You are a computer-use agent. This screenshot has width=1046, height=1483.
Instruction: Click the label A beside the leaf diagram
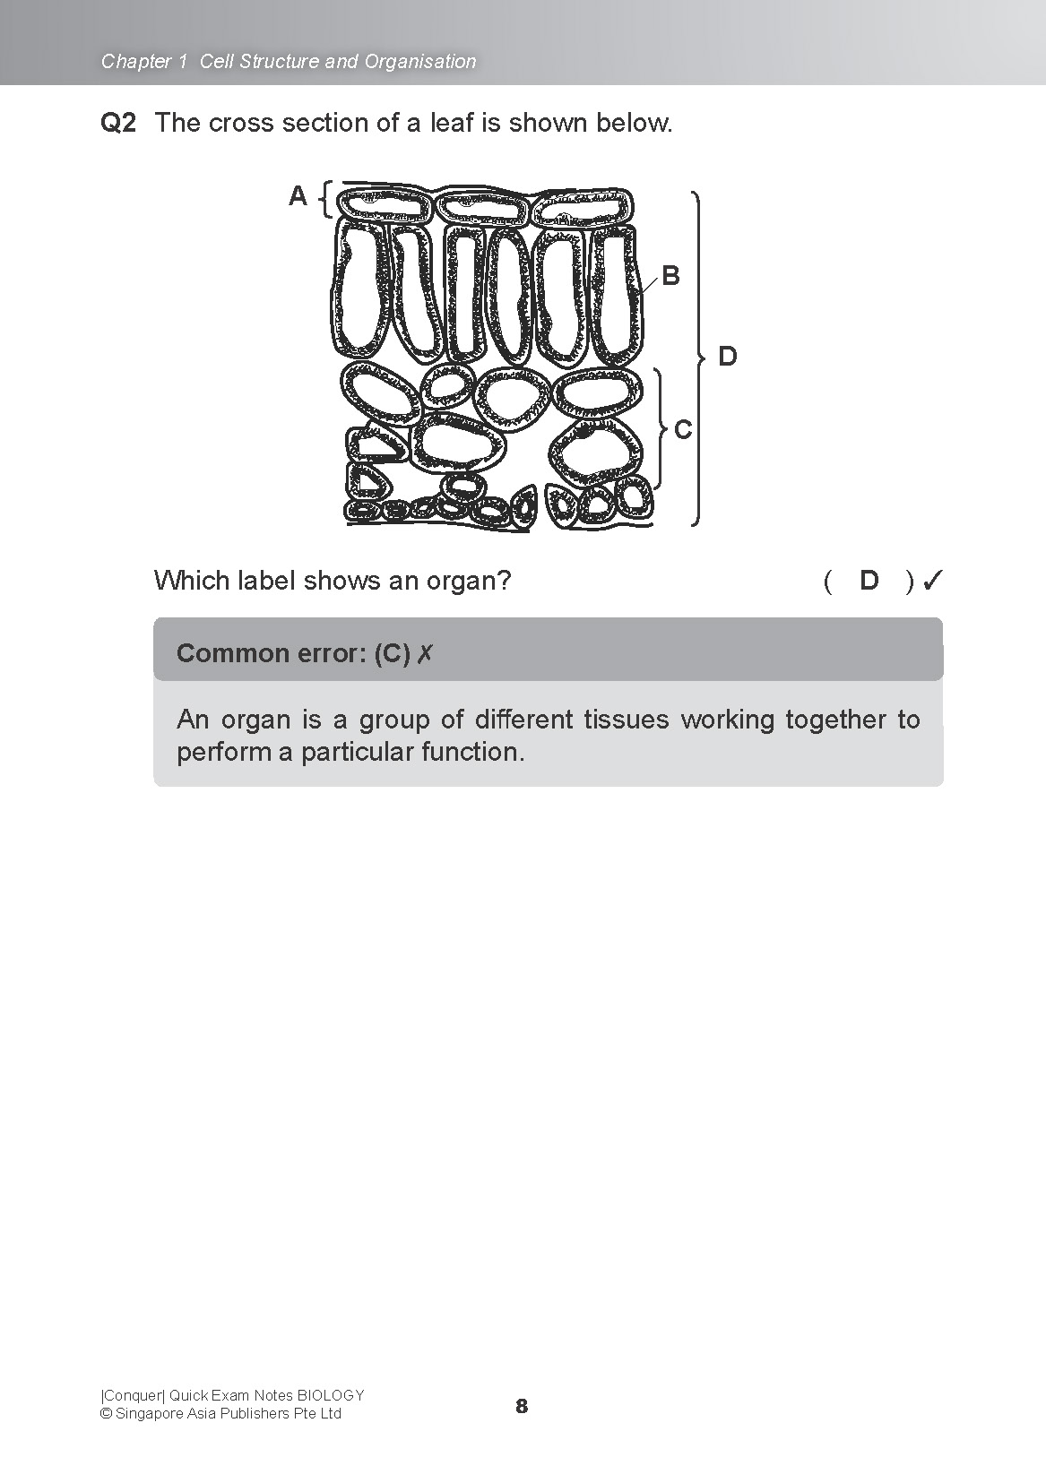click(298, 195)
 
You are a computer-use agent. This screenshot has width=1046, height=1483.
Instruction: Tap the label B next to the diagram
click(670, 276)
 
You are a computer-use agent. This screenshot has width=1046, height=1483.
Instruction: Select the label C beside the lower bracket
click(683, 430)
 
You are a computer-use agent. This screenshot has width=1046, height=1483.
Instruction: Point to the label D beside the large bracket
click(728, 357)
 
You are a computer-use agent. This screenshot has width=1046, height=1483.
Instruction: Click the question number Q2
click(118, 123)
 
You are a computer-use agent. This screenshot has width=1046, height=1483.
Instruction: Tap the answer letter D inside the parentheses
click(869, 581)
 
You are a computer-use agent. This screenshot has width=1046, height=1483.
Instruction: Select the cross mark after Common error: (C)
click(425, 654)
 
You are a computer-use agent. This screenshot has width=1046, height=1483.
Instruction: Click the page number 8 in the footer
click(522, 1406)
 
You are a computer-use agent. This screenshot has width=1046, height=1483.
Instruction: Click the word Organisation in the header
click(420, 62)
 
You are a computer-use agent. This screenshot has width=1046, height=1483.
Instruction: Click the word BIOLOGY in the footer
click(331, 1395)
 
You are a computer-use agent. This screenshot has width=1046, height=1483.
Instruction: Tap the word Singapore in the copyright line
click(148, 1414)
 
